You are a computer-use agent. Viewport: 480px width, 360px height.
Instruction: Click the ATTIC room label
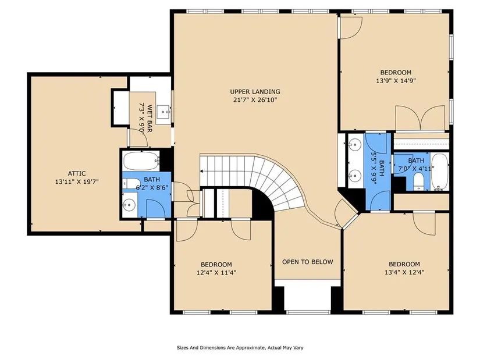click(77, 173)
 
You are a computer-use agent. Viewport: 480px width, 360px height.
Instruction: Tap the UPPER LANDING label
click(255, 91)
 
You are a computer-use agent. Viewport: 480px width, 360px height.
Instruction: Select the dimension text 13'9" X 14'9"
click(396, 81)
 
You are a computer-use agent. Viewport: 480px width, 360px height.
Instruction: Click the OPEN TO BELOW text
click(307, 262)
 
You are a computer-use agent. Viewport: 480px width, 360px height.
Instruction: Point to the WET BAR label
click(150, 119)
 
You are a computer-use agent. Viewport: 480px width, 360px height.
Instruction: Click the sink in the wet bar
click(163, 112)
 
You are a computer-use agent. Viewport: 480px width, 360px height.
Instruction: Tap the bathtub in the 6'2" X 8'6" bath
click(141, 161)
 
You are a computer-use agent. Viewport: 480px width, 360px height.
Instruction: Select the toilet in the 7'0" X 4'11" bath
click(418, 181)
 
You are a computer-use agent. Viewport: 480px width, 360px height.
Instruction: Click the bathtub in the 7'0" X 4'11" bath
click(440, 172)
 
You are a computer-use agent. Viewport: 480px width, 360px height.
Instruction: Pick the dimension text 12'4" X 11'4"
click(216, 272)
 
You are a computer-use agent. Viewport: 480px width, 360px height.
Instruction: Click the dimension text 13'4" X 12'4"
click(404, 272)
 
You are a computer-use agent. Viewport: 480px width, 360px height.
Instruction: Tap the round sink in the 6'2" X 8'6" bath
click(129, 204)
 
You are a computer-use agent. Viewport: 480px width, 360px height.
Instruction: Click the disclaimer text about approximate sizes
click(240, 348)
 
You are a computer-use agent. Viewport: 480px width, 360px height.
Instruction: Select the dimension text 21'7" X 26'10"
click(255, 100)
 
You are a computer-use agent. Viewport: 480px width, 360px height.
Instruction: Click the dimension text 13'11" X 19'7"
click(77, 182)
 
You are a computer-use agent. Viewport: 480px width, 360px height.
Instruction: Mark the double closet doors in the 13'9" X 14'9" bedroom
click(420, 118)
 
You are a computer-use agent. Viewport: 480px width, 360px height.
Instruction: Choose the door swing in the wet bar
click(138, 137)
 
